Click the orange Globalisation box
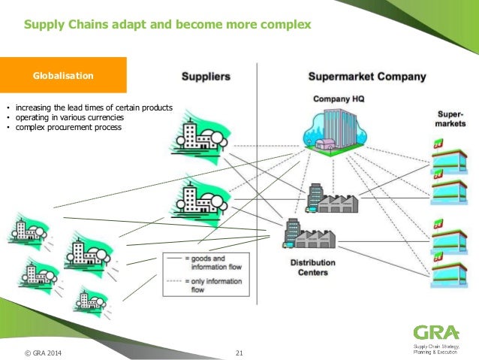[63, 76]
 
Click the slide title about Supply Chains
[167, 26]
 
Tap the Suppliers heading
[205, 77]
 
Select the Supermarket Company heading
[367, 77]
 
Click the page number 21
[239, 352]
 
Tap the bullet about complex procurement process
[68, 127]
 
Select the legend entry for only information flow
[206, 284]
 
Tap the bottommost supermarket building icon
[447, 272]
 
